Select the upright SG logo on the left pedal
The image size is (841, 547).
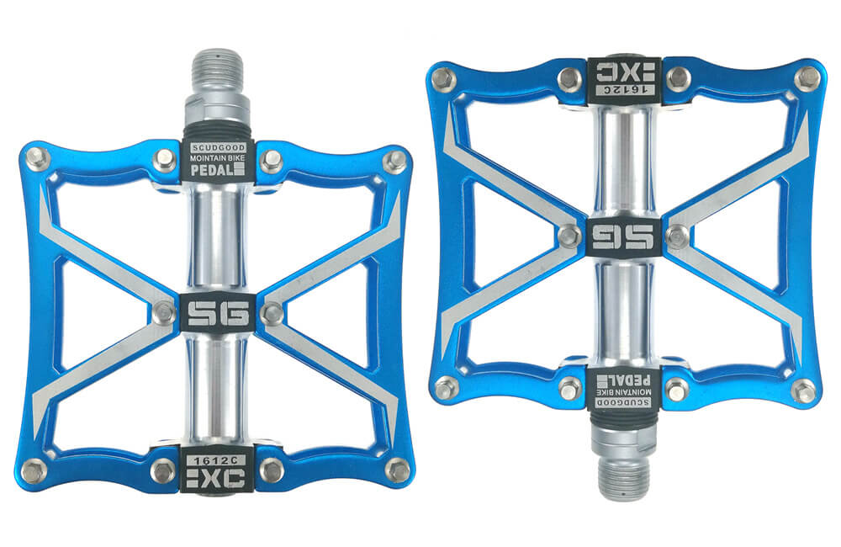(218, 313)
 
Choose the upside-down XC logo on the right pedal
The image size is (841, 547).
(623, 68)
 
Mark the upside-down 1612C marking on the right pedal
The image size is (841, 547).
(623, 88)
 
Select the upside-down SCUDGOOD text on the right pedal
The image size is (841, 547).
(623, 403)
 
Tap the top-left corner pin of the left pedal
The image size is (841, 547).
(35, 157)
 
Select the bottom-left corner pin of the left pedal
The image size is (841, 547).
(35, 470)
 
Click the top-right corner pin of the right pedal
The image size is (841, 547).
(807, 78)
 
